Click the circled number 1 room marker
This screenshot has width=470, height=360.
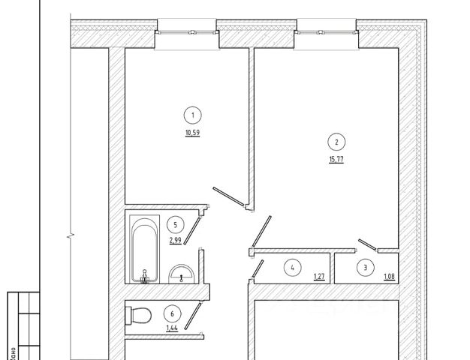194,115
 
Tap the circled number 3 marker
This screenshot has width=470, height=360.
366,266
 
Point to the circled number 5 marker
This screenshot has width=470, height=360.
175,223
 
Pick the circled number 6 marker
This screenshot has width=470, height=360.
173,313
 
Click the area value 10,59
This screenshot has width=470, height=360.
194,135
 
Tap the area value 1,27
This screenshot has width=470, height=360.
318,277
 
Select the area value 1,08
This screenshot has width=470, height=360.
389,277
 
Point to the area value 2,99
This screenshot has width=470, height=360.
175,241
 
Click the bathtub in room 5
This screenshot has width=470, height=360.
143,250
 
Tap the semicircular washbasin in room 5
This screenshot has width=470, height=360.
182,273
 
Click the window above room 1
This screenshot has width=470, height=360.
187,31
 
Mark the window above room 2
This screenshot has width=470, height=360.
325,31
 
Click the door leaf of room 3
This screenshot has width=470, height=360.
367,244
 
